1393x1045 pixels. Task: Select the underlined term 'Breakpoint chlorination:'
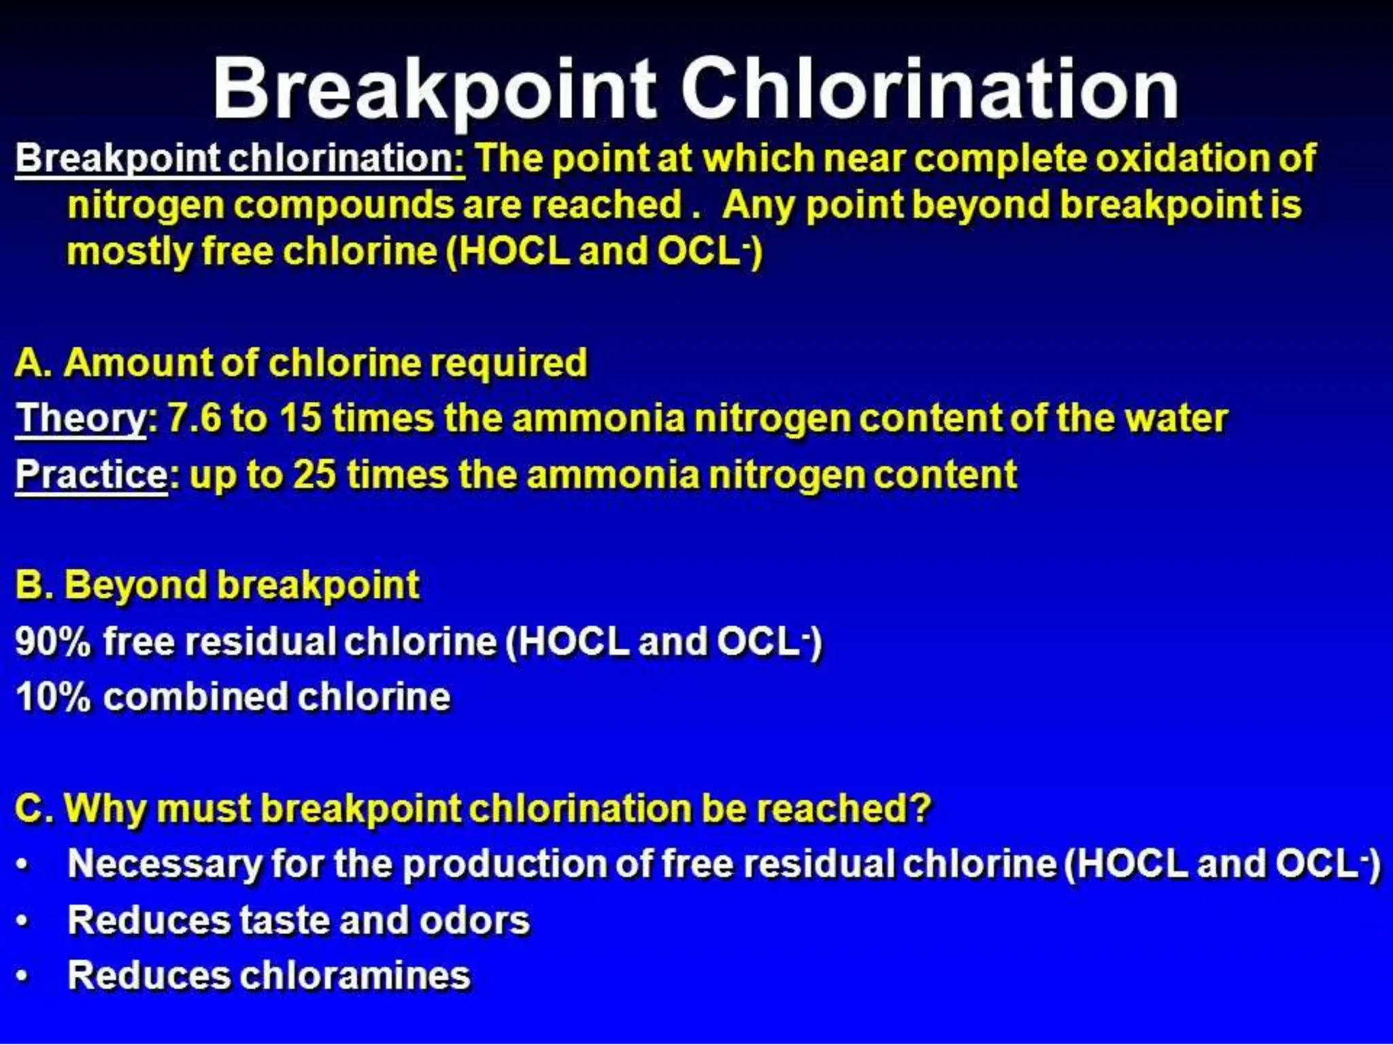239,159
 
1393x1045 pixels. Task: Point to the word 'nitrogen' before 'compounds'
146,205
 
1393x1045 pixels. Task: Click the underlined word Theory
81,418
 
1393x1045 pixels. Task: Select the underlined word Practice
91,474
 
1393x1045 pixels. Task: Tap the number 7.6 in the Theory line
195,418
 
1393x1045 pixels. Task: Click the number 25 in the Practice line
314,474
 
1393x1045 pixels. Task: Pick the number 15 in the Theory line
300,418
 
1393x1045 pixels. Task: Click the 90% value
52,642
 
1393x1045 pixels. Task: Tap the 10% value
52,697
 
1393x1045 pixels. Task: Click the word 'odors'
474,920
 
